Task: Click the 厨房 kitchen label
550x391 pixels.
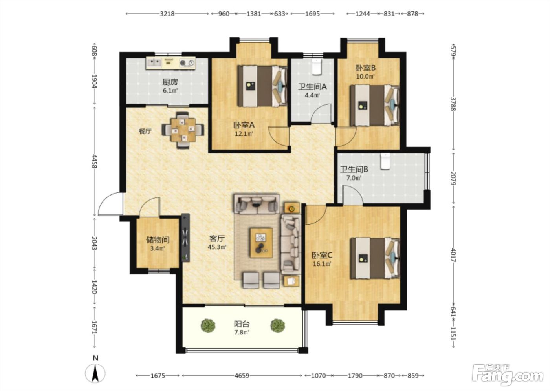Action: (170, 82)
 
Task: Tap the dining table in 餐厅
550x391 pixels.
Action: (183, 130)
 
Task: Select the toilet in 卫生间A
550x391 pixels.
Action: (317, 66)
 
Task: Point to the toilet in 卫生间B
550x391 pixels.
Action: (385, 161)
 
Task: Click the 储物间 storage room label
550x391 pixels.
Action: (158, 239)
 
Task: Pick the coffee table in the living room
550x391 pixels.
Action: (261, 243)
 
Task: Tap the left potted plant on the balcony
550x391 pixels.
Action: (208, 325)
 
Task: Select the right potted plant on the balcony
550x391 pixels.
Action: (278, 325)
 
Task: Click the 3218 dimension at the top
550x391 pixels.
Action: (167, 14)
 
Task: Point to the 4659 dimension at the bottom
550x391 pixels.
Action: (242, 376)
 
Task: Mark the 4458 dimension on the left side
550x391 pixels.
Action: (94, 161)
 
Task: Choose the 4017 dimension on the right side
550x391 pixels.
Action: (453, 255)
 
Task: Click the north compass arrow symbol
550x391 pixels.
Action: (95, 373)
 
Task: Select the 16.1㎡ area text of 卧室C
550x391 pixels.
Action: (322, 264)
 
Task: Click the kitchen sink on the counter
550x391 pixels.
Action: (154, 63)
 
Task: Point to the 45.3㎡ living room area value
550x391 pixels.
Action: (217, 247)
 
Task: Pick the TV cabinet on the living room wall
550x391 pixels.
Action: (185, 238)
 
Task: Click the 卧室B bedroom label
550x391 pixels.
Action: (366, 68)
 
